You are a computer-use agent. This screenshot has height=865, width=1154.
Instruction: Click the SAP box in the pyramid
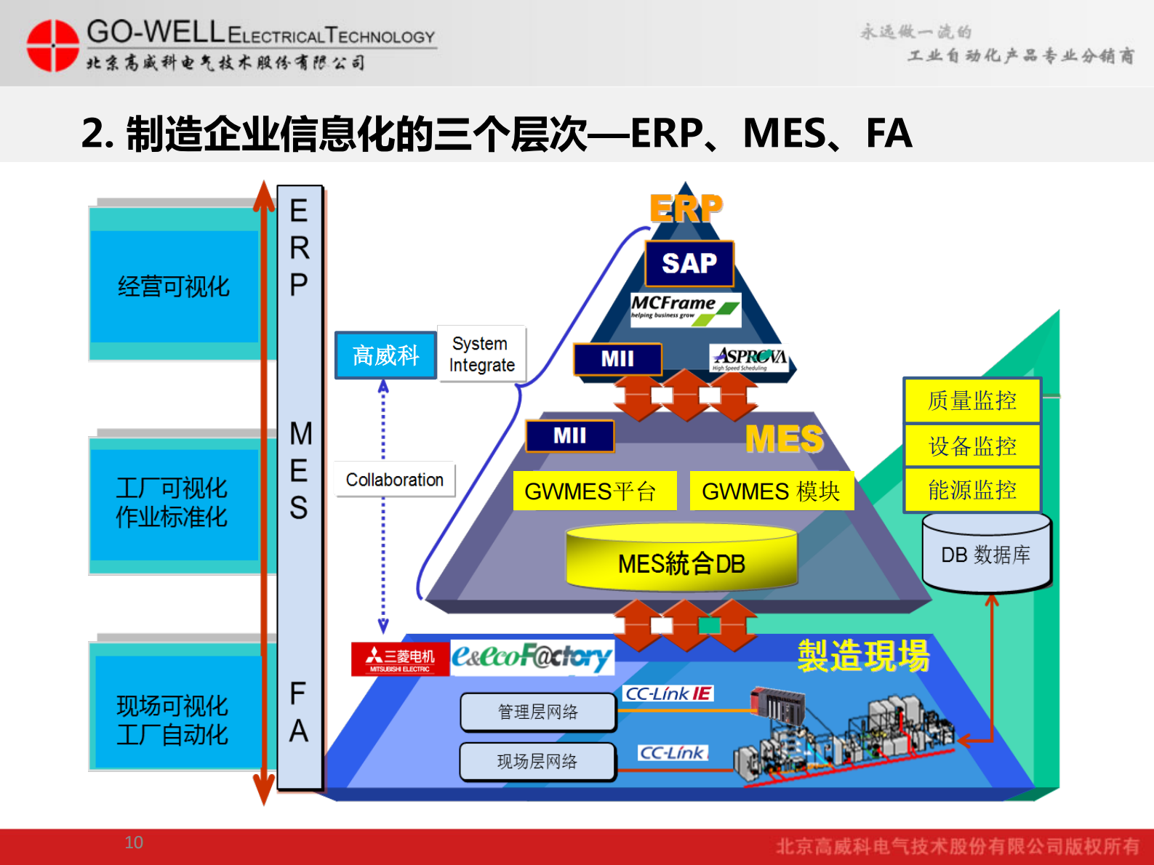[x=689, y=263]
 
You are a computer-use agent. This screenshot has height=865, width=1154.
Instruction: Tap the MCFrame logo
[x=685, y=309]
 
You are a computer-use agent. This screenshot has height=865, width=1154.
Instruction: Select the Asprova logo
[x=749, y=358]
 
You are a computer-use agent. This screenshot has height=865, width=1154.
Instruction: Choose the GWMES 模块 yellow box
[x=771, y=491]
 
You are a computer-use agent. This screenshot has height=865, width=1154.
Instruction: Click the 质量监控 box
[x=971, y=401]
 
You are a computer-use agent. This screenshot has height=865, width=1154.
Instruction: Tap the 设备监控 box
[x=971, y=446]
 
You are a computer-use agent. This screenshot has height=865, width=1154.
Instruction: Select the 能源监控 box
[x=971, y=490]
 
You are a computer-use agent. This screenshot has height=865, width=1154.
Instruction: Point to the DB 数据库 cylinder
[x=985, y=554]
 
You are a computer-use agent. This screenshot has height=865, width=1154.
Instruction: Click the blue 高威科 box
[x=385, y=355]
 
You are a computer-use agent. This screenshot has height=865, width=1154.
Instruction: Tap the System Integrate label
[x=481, y=354]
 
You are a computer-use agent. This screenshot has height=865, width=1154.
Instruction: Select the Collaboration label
[x=394, y=480]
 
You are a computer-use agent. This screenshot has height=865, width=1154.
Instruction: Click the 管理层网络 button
[x=537, y=712]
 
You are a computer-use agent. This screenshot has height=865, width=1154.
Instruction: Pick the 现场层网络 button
[x=537, y=761]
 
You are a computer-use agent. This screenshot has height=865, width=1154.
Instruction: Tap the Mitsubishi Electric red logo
[x=400, y=659]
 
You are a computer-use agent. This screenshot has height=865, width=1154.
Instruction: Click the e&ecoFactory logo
[x=532, y=657]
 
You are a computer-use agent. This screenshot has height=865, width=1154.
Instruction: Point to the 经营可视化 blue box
[x=174, y=286]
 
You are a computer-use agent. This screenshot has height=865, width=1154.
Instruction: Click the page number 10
[x=134, y=842]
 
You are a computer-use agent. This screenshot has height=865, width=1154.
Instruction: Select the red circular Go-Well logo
[x=52, y=45]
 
